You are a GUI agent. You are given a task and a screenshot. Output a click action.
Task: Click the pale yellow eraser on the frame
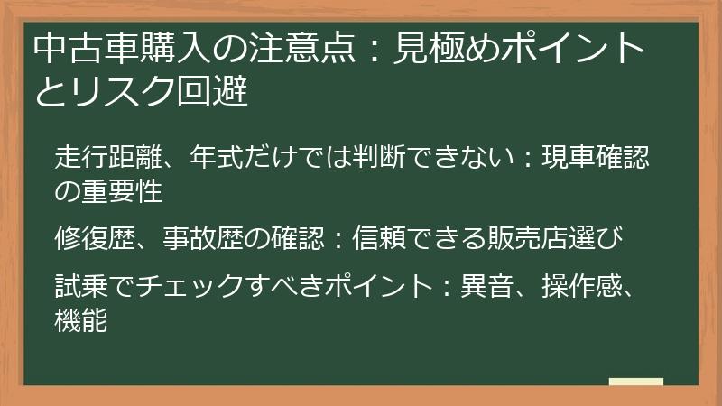tap(635, 382)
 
